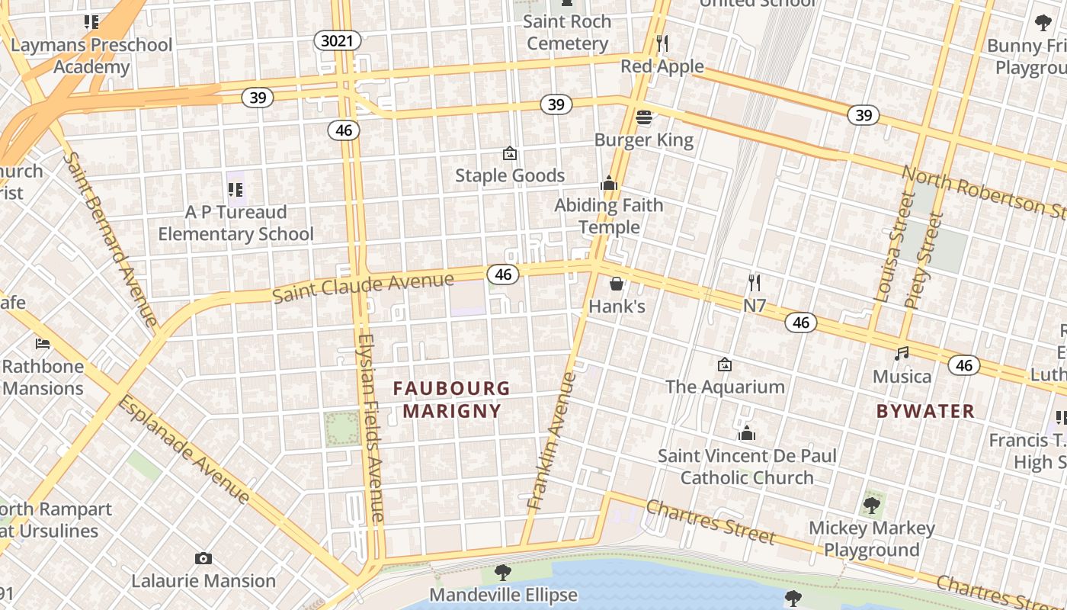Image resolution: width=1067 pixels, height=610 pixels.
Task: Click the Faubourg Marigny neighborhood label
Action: click(x=452, y=400)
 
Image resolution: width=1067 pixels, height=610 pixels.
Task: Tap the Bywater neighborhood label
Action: click(x=925, y=412)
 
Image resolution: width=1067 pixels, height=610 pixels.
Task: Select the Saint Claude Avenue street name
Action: click(x=363, y=287)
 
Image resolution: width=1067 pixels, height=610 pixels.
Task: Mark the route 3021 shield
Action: click(x=337, y=40)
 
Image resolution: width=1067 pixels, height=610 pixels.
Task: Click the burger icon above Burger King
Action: click(x=644, y=117)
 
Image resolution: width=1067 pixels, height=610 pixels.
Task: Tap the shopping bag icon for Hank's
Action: click(x=617, y=284)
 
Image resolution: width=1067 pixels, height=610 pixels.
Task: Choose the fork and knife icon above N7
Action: click(x=755, y=283)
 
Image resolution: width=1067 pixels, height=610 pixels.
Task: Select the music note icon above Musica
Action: click(x=902, y=354)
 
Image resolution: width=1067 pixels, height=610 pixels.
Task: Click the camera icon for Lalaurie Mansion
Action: click(x=203, y=558)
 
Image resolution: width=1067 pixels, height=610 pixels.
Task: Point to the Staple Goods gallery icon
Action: click(x=510, y=153)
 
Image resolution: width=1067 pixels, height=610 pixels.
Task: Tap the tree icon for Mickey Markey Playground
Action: click(x=871, y=505)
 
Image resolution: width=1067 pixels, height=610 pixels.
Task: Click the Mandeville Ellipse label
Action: click(x=503, y=595)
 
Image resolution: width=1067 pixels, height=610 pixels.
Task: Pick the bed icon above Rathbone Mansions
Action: click(x=43, y=344)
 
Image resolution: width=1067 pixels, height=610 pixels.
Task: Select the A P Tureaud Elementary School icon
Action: click(x=236, y=188)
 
